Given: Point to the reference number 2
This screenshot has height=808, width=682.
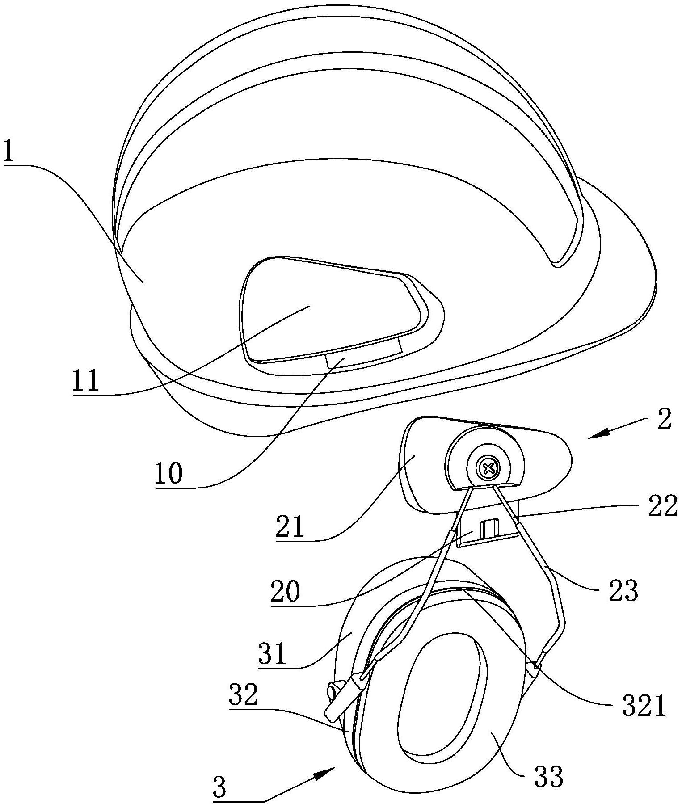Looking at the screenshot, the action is pyautogui.click(x=665, y=420).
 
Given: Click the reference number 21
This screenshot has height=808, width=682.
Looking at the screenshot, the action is pyautogui.click(x=290, y=526).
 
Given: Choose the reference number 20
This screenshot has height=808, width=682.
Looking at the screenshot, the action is pyautogui.click(x=285, y=592).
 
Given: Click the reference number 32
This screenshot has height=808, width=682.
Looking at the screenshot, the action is pyautogui.click(x=244, y=695).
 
